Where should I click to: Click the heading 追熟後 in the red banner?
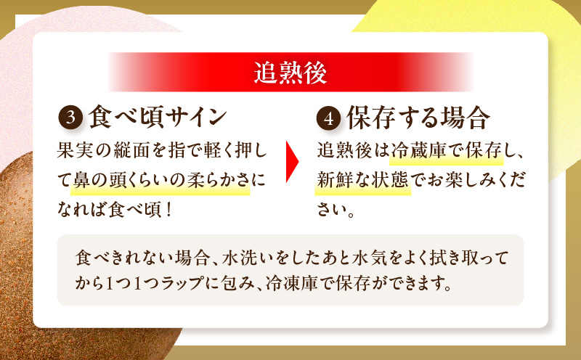[290, 74]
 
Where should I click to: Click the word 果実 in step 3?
[73, 152]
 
